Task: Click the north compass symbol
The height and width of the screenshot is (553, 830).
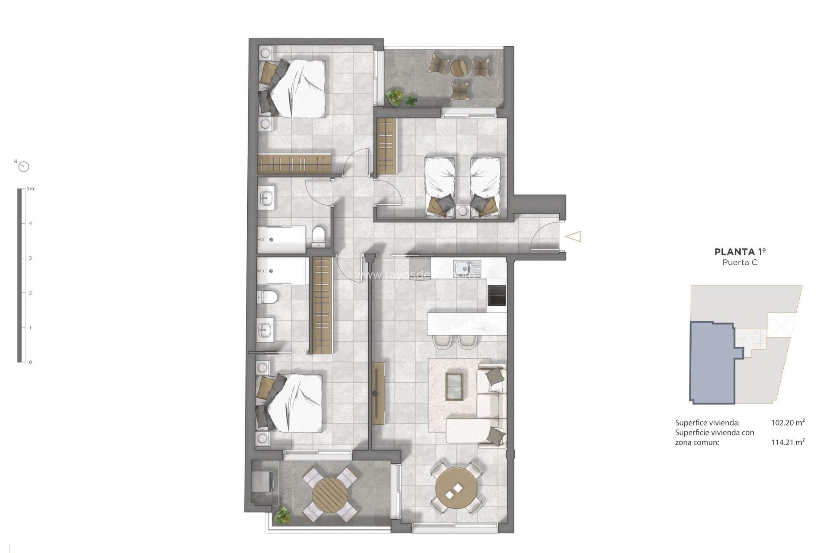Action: click(24, 166)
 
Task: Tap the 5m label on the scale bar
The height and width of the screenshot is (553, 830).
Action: click(30, 189)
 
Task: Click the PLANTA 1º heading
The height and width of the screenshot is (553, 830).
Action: click(740, 251)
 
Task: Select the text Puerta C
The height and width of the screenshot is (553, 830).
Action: click(740, 262)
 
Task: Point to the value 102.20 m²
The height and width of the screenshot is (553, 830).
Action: click(788, 423)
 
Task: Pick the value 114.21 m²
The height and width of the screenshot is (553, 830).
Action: click(788, 442)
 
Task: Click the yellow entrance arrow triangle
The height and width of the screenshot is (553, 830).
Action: click(573, 236)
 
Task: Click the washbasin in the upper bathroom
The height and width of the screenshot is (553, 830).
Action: click(266, 199)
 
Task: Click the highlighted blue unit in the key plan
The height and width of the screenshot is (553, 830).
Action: click(711, 363)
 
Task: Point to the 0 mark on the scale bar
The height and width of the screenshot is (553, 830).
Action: click(30, 362)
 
